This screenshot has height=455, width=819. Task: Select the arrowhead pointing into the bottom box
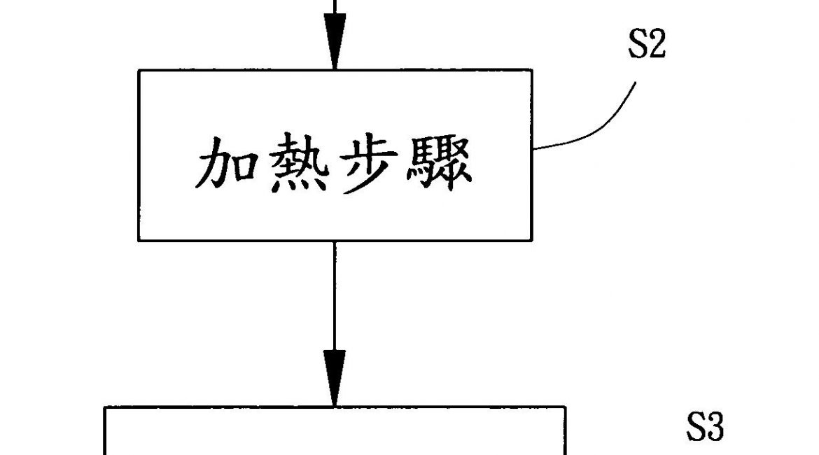pyautogui.click(x=335, y=387)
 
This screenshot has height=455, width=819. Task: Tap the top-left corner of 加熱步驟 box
pyautogui.click(x=139, y=70)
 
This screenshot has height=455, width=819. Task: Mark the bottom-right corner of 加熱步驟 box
pyautogui.click(x=531, y=241)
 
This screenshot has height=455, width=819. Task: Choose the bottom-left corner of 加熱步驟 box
pyautogui.click(x=139, y=241)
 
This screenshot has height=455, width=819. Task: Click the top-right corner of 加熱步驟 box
pyautogui.click(x=531, y=70)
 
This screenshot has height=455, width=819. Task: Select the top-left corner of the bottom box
pyautogui.click(x=105, y=407)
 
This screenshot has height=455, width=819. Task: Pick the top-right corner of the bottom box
pyautogui.click(x=565, y=407)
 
